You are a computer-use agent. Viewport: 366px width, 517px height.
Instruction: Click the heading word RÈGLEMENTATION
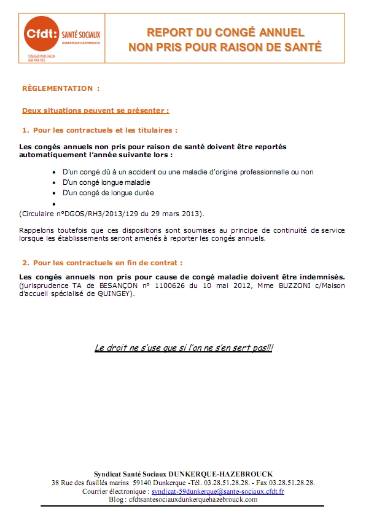[x=57, y=88]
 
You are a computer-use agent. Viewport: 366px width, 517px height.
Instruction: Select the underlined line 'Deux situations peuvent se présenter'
[x=95, y=111]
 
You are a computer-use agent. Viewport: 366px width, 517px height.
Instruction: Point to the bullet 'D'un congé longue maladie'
[x=106, y=182]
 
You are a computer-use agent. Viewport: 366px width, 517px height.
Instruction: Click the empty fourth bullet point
[x=55, y=203]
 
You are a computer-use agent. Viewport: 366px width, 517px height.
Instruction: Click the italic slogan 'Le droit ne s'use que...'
[x=184, y=348]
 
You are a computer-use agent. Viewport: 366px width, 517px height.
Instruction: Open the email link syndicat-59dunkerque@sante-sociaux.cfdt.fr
[x=217, y=492]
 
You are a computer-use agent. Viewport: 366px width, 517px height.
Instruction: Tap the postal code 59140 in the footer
[x=133, y=483]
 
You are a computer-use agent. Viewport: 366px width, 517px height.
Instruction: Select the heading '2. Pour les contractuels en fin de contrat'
[x=102, y=263]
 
